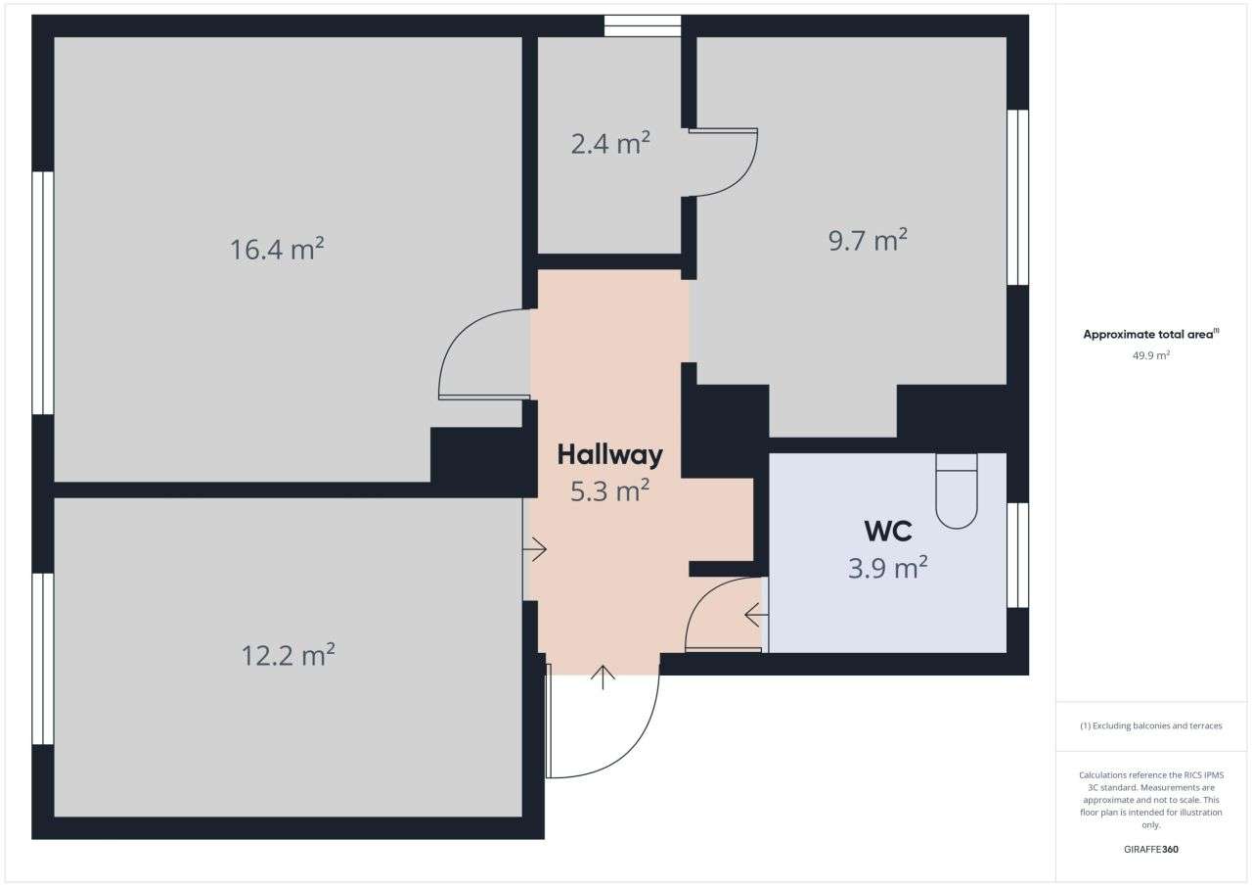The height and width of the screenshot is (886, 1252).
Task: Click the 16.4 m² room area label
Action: [x=277, y=249]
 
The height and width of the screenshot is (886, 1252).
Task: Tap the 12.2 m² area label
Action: [x=289, y=654]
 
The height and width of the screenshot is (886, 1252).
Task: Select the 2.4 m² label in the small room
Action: [x=610, y=144]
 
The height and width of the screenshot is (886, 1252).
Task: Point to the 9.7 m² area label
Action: [x=868, y=240]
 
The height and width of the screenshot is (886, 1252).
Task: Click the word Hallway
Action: [x=609, y=454]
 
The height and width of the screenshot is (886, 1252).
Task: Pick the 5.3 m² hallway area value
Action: [x=609, y=490]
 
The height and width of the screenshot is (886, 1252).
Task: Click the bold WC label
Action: [x=888, y=532]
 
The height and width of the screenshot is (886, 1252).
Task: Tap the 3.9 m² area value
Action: [x=887, y=567]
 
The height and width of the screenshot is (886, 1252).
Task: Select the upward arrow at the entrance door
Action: [x=603, y=676]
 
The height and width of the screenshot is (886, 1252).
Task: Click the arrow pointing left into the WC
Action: [x=755, y=616]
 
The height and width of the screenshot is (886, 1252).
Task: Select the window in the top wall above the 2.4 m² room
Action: [x=642, y=25]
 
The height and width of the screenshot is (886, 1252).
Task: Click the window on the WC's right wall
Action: [x=1017, y=555]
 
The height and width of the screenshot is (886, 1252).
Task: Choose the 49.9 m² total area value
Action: [x=1151, y=355]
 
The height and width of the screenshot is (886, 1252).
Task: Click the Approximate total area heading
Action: [x=1150, y=334]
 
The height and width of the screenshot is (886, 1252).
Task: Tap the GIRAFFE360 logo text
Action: [x=1150, y=849]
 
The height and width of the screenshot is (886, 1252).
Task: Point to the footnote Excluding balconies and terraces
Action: [x=1150, y=725]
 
